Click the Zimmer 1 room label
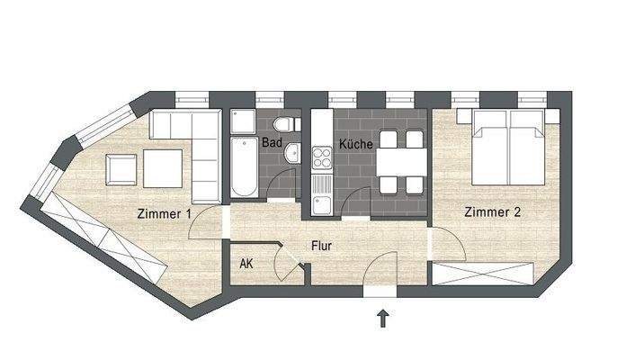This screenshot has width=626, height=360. [x=164, y=214]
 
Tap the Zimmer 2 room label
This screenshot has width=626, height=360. [x=494, y=213]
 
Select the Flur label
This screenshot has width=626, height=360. [x=324, y=244]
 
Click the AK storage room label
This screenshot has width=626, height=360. [x=246, y=264]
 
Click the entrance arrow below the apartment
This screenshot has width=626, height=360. [x=383, y=318]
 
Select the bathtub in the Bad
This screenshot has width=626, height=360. [x=244, y=167]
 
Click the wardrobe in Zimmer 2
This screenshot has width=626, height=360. [x=487, y=274]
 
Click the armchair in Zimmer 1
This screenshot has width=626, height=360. [x=121, y=167]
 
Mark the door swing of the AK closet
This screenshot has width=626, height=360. [x=291, y=262]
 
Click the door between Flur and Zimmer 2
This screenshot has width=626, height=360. [x=443, y=243]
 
